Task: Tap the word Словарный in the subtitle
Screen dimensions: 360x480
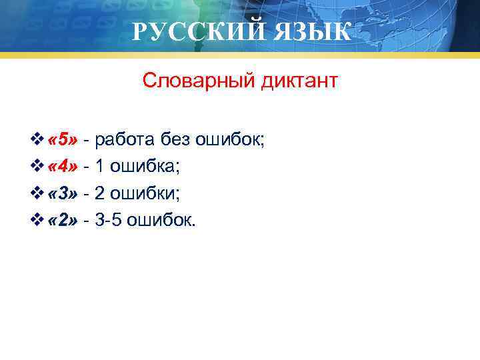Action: [x=193, y=82]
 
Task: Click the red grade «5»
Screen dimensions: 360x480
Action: [x=63, y=140]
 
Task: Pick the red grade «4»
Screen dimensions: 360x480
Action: [x=63, y=167]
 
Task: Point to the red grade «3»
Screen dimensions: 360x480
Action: [x=63, y=193]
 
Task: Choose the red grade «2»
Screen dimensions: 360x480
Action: [x=63, y=220]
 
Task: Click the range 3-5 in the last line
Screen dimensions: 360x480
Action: [x=108, y=220]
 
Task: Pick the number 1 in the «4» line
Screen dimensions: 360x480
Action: [x=99, y=167]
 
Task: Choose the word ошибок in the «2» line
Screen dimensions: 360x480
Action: [x=162, y=220]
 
